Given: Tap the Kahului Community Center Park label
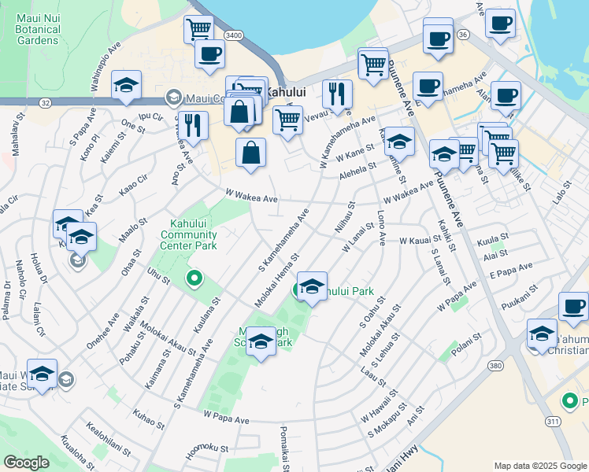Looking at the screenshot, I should coord(189,234).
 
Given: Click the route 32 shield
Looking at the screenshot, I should coord(46,102).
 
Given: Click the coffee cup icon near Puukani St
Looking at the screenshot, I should coord(573,307).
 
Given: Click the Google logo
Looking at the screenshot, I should coord(26,463).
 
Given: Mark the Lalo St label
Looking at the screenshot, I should coord(560,193).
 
